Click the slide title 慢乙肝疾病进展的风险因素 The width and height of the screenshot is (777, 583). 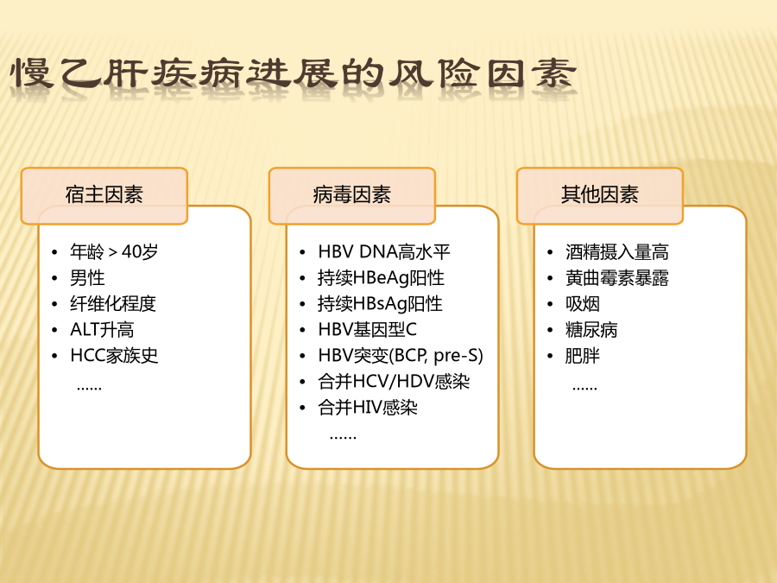294,73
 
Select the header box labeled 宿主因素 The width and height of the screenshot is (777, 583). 104,196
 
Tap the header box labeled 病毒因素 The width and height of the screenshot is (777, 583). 352,196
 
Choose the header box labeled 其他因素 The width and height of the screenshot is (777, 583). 600,196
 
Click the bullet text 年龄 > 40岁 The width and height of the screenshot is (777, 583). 114,252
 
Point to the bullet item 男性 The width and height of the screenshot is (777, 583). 87,277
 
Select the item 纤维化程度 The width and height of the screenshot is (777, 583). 113,304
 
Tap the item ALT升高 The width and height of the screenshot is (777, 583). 102,330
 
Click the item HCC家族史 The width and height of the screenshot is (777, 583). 114,356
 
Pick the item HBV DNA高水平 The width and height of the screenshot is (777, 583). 384,252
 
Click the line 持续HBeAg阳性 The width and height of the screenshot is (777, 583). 381,277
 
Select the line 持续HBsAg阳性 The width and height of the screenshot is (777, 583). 380,304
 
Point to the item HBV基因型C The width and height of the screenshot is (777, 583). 367,330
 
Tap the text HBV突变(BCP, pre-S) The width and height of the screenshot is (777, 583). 401,356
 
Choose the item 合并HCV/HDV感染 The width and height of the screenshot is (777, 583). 394,381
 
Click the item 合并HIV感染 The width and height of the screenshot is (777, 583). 368,408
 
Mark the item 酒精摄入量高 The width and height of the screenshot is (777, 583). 617,252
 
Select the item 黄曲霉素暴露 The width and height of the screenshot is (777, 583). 617,277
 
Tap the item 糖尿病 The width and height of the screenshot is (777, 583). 591,330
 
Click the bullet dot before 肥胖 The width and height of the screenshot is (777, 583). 550,356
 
